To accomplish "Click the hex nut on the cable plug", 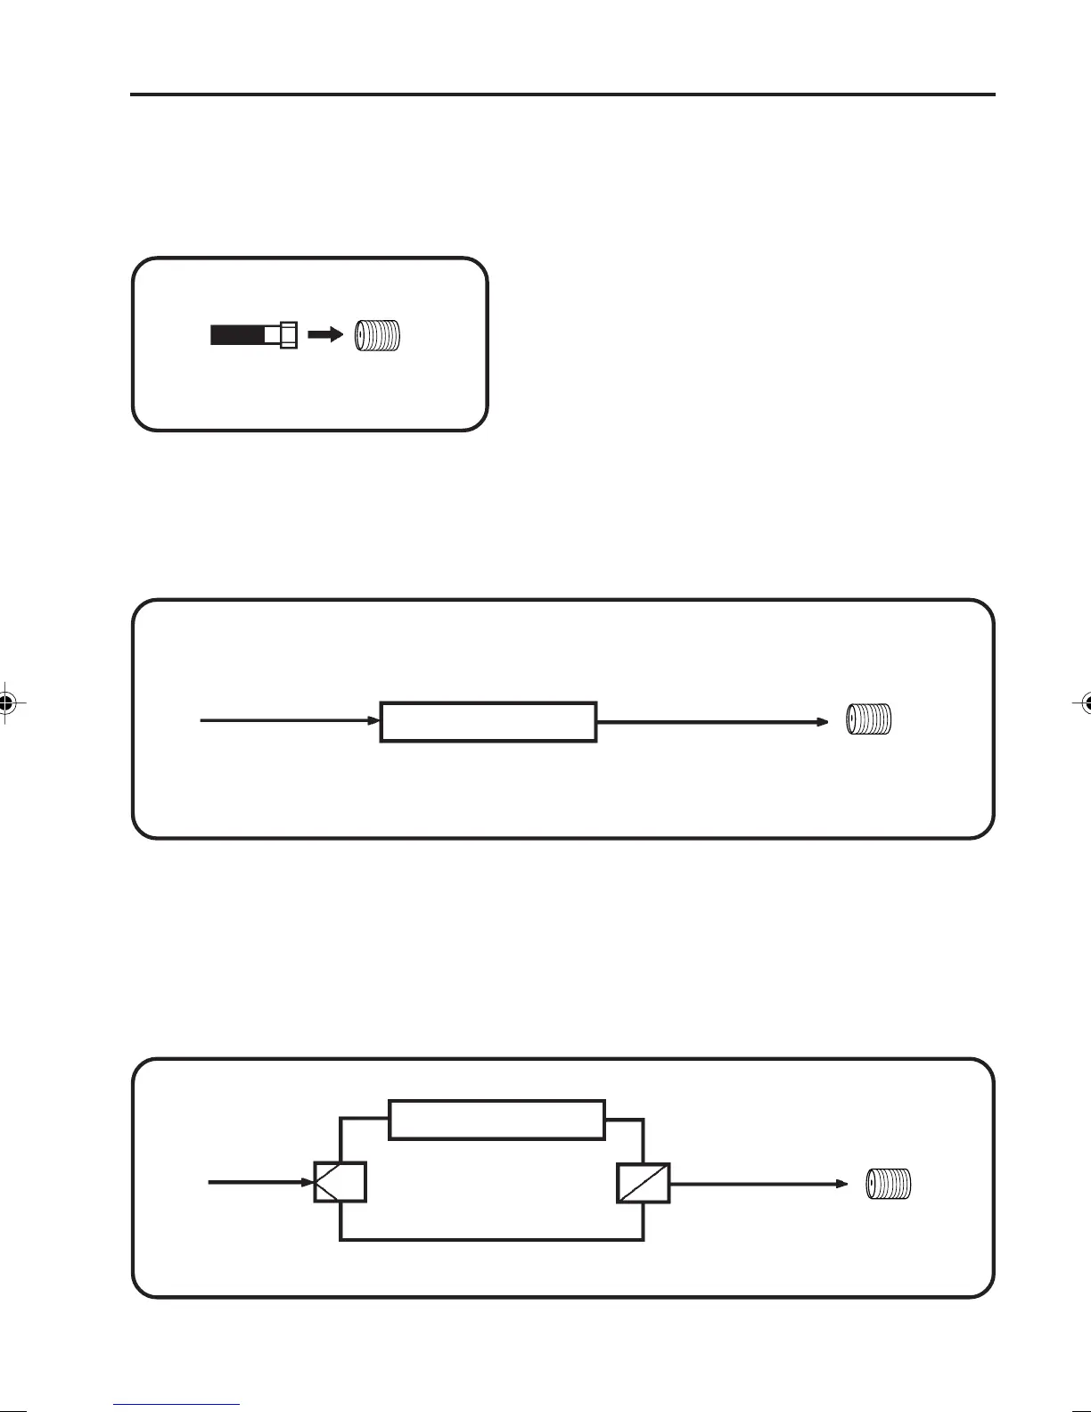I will click(288, 335).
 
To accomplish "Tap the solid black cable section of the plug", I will click(237, 335).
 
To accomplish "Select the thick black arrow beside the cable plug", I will click(324, 335).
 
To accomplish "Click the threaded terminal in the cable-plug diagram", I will click(378, 336).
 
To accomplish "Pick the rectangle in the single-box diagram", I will click(488, 722).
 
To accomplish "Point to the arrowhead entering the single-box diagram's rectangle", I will click(375, 720).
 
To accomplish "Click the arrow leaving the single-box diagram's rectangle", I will click(713, 721).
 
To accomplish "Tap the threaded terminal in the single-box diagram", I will click(869, 719).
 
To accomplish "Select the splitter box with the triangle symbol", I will click(340, 1183).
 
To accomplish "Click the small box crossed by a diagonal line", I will click(644, 1183).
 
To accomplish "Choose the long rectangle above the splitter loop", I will click(497, 1120).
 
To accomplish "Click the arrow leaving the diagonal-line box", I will click(758, 1184).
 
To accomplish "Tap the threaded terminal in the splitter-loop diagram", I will click(890, 1185).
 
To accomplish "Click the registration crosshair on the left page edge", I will click(7, 702).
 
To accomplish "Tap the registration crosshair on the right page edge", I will click(1084, 702).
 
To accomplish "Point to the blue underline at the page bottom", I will click(176, 1406).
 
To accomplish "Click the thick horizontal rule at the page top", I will click(562, 94).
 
